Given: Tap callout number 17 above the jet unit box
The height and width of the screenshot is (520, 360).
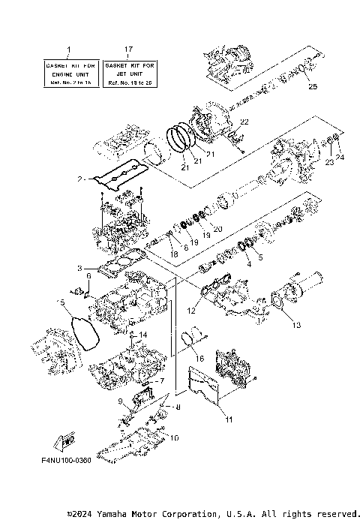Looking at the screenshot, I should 128,50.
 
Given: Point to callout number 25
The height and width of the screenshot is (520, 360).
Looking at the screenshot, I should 312,87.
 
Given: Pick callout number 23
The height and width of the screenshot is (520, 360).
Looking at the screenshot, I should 328,161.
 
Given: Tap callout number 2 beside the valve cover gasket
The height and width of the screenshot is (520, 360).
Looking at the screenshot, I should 79,180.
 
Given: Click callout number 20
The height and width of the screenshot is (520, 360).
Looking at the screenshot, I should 218,228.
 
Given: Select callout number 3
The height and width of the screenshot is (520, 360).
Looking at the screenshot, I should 79,268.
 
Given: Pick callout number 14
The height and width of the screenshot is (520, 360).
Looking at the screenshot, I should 143,334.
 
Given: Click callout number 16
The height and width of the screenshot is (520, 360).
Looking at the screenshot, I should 199,359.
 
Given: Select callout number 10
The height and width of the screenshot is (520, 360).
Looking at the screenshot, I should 174,437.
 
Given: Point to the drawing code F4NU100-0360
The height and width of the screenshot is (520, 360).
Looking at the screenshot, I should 63,460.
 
